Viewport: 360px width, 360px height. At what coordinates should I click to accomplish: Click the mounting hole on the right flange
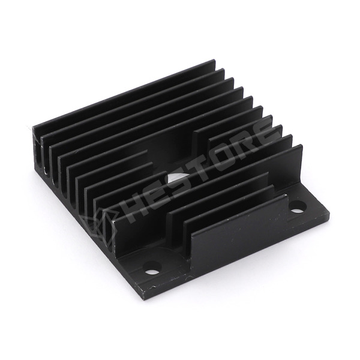(x=298, y=206)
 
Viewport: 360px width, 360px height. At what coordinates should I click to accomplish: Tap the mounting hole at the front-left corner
(x=152, y=268)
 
